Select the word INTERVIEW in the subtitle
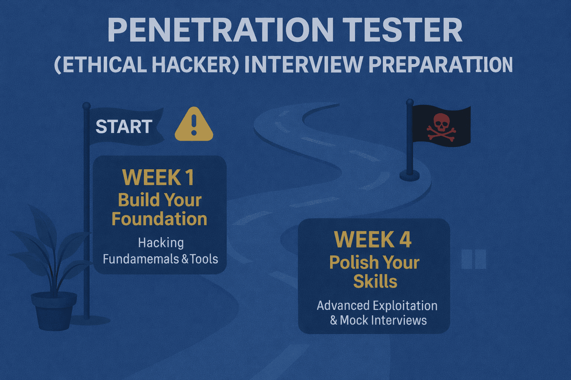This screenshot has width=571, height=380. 303,65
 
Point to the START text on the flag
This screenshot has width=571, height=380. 124,127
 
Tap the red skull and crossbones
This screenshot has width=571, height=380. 441,126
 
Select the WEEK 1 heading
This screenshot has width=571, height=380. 158,177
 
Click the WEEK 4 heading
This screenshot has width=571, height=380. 373,240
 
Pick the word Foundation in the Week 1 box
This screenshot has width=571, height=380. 159,219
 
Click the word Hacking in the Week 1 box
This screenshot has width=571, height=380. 161,243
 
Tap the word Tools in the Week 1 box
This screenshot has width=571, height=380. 204,259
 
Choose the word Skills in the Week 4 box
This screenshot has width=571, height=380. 375,281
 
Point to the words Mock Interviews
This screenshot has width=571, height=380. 383,320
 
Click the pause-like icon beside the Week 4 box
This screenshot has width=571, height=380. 474,259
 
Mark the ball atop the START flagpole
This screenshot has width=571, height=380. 86,106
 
